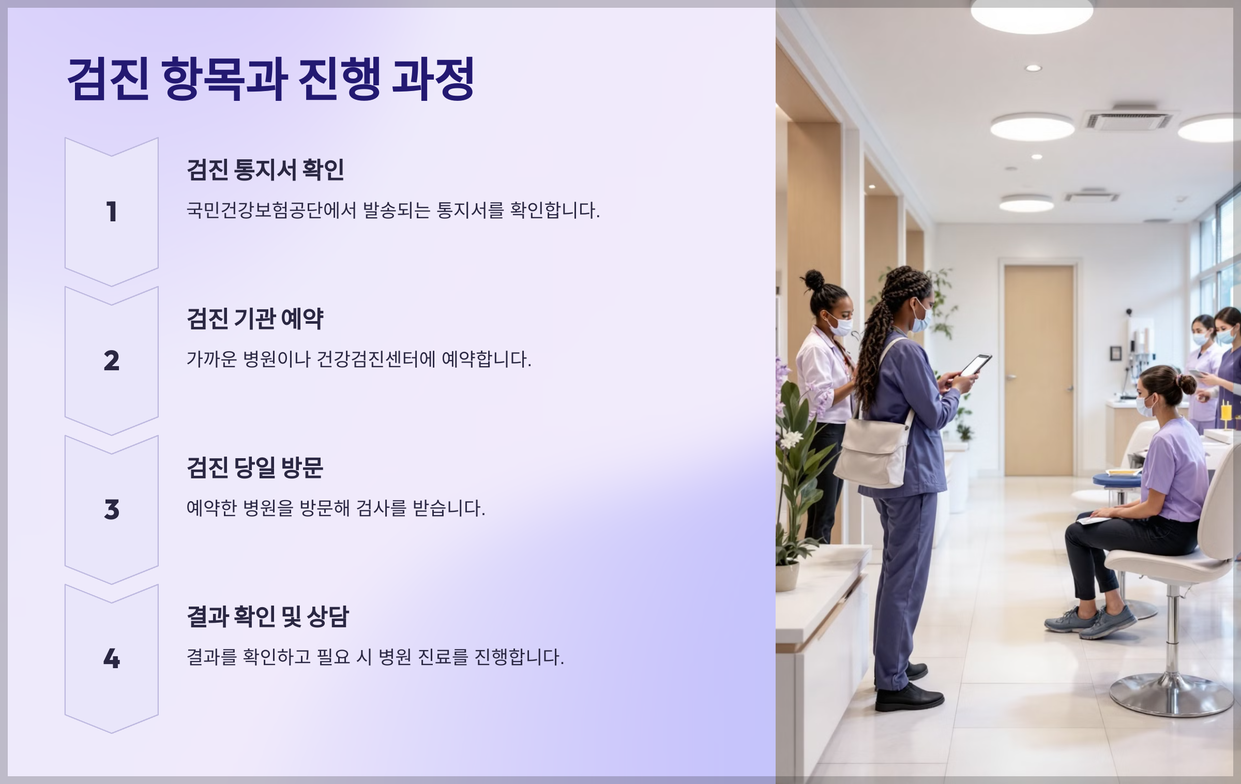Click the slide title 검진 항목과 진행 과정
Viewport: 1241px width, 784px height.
point(270,79)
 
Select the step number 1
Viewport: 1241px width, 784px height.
point(111,212)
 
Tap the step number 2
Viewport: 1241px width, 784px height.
point(111,361)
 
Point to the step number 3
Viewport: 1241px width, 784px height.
point(111,510)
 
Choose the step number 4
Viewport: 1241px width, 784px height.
point(111,659)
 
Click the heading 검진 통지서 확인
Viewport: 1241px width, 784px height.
point(265,170)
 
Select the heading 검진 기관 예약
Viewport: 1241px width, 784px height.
point(255,319)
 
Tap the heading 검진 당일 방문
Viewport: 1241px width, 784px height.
point(255,468)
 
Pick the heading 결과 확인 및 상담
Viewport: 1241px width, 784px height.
point(268,616)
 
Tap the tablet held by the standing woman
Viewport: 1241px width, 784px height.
point(975,365)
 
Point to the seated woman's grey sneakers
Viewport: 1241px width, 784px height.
point(1091,622)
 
